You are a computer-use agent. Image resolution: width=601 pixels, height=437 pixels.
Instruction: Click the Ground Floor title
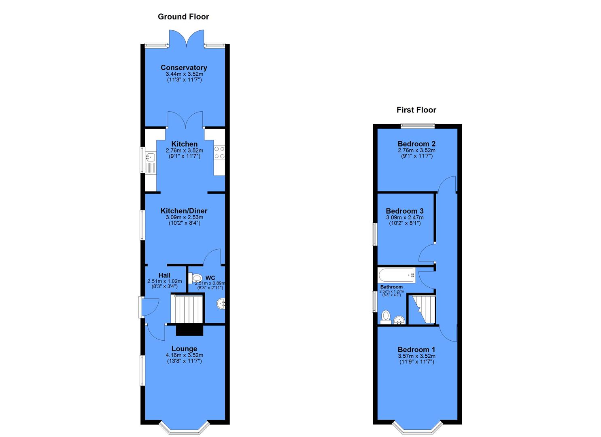click(183, 17)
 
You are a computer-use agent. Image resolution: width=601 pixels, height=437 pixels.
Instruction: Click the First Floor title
click(416, 110)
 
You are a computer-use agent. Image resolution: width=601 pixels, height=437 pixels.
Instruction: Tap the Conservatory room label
click(184, 68)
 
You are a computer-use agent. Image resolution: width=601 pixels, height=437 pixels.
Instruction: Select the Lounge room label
click(184, 349)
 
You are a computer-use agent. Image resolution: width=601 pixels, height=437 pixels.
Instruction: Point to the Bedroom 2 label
click(416, 144)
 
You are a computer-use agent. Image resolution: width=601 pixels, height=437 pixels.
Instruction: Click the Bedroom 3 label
click(404, 211)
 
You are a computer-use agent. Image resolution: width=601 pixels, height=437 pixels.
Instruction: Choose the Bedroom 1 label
click(416, 350)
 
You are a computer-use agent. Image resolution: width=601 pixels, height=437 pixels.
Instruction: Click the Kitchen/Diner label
click(184, 211)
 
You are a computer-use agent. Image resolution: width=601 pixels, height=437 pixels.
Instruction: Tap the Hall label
click(164, 275)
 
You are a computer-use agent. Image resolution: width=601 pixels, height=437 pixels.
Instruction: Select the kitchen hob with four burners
click(219, 153)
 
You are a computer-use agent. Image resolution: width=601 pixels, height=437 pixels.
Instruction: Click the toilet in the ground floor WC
click(196, 278)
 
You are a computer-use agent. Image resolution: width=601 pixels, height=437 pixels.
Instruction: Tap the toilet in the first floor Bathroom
click(386, 316)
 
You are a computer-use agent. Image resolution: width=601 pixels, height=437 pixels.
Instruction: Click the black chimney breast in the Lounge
click(189, 330)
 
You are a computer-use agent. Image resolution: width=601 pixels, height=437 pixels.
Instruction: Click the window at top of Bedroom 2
click(418, 126)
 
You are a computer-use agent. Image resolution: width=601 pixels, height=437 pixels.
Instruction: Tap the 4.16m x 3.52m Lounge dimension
click(184, 355)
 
